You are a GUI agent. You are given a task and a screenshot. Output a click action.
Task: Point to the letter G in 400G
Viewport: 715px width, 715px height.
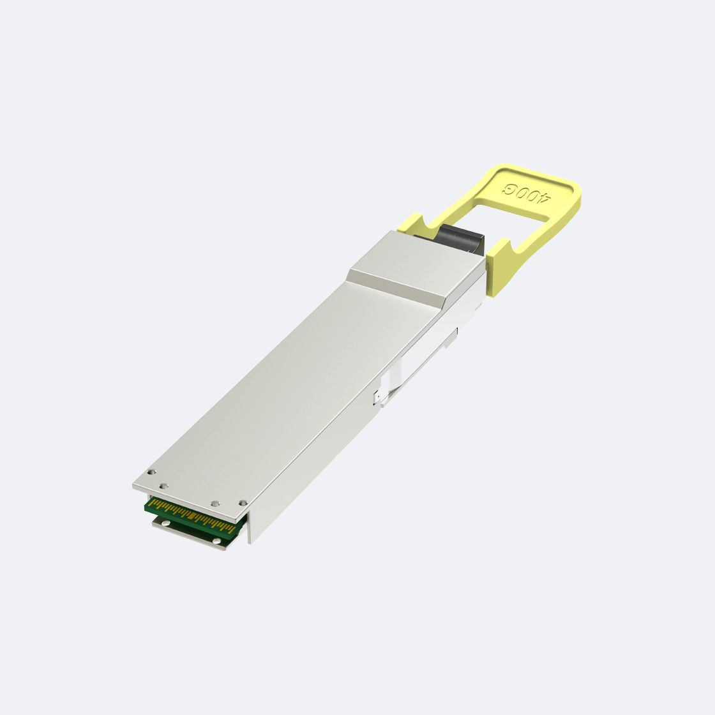pyautogui.click(x=508, y=188)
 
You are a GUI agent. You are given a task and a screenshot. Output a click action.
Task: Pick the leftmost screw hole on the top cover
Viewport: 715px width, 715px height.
pyautogui.click(x=152, y=472)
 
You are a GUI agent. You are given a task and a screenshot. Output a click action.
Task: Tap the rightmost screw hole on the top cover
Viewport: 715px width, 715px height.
pyautogui.click(x=243, y=503)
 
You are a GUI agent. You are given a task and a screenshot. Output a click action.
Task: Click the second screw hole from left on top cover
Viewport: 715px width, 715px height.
pyautogui.click(x=164, y=486)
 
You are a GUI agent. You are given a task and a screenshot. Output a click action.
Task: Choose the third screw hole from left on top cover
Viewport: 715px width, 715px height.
pyautogui.click(x=215, y=504)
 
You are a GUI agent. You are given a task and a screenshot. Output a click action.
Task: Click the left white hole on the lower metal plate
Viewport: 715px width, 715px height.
pyautogui.click(x=167, y=523)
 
